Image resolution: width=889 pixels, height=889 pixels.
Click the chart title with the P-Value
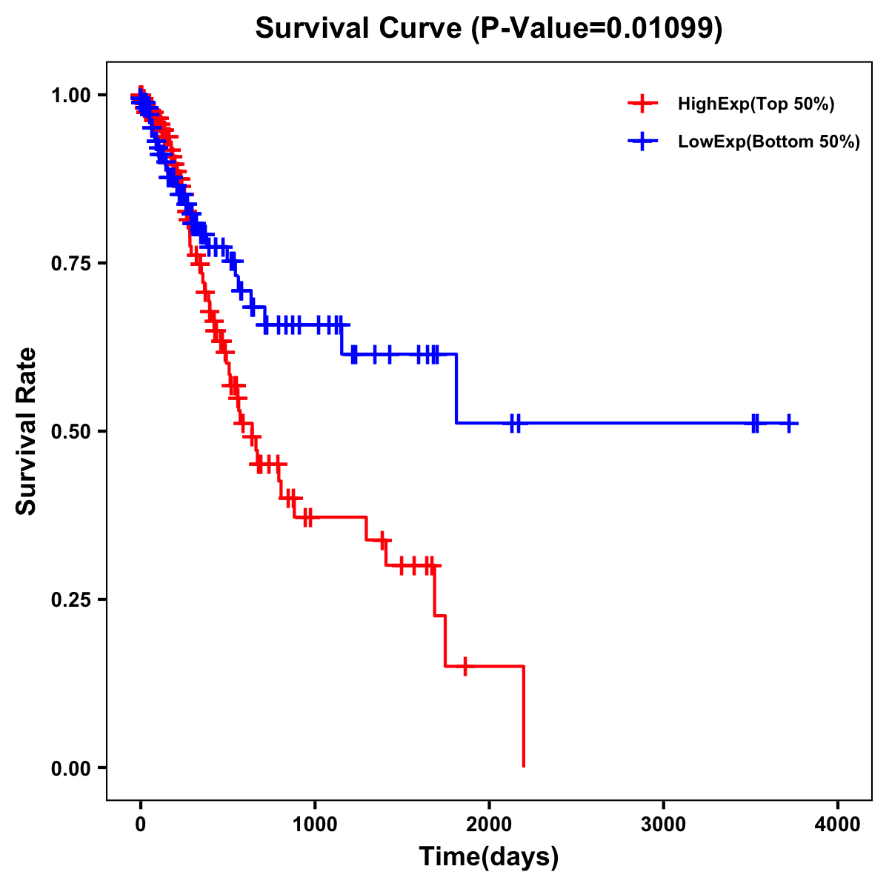click(x=489, y=29)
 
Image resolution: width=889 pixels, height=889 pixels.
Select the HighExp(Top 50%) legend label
click(x=756, y=104)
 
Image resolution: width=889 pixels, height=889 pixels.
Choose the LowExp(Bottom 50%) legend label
click(x=769, y=142)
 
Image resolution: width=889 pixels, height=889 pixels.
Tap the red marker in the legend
click(x=642, y=104)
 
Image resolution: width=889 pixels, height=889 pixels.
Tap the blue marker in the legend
click(x=642, y=141)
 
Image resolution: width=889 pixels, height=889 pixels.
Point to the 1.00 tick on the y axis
click(x=71, y=96)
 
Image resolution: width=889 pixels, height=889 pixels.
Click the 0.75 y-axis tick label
click(x=71, y=264)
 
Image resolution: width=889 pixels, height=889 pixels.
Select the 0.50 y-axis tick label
click(x=71, y=432)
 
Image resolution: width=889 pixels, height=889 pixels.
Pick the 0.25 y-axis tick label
click(x=71, y=600)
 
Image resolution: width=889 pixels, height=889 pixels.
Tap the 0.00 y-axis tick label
click(x=71, y=768)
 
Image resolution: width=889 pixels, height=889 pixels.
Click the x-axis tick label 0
click(x=141, y=825)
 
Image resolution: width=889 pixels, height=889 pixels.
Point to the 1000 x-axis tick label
click(x=315, y=825)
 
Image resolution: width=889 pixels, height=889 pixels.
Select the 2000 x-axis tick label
click(x=489, y=825)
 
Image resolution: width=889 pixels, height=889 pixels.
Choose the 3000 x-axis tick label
click(x=663, y=825)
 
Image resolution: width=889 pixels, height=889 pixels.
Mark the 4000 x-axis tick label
click(x=837, y=825)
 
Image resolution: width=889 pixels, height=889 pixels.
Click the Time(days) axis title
click(x=489, y=857)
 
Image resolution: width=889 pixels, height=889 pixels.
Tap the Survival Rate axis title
click(x=27, y=431)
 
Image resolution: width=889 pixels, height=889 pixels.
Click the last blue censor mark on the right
click(x=789, y=423)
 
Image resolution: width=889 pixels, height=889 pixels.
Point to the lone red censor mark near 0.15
click(x=465, y=666)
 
